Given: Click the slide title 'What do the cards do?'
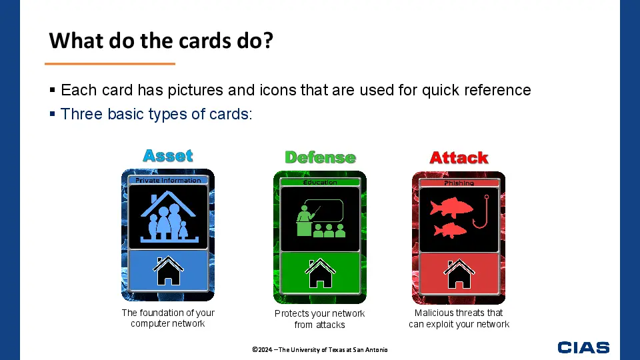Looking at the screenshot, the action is (161, 41).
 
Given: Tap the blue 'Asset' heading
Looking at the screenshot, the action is (168, 155).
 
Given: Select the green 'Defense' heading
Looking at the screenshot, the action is (320, 157).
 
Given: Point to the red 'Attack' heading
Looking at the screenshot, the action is (459, 157).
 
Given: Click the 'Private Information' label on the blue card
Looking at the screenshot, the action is (168, 180).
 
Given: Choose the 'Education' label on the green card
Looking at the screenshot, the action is (320, 182).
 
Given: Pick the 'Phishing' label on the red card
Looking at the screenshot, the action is (459, 183).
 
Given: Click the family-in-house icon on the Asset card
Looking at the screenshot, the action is (168, 217).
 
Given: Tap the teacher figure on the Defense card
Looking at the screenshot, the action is (305, 221).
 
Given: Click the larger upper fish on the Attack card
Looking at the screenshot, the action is (451, 207).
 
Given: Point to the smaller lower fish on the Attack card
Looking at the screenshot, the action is (450, 231).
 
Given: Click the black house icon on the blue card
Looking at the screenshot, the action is (168, 271).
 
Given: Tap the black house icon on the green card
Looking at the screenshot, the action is (320, 273).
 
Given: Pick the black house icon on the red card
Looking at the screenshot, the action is (459, 274).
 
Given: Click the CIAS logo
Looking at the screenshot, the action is (583, 347).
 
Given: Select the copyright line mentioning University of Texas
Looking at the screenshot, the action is (320, 350).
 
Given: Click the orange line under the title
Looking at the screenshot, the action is (110, 64).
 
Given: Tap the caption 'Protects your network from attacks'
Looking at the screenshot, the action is (319, 319).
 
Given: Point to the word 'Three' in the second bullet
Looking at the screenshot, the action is (81, 114).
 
